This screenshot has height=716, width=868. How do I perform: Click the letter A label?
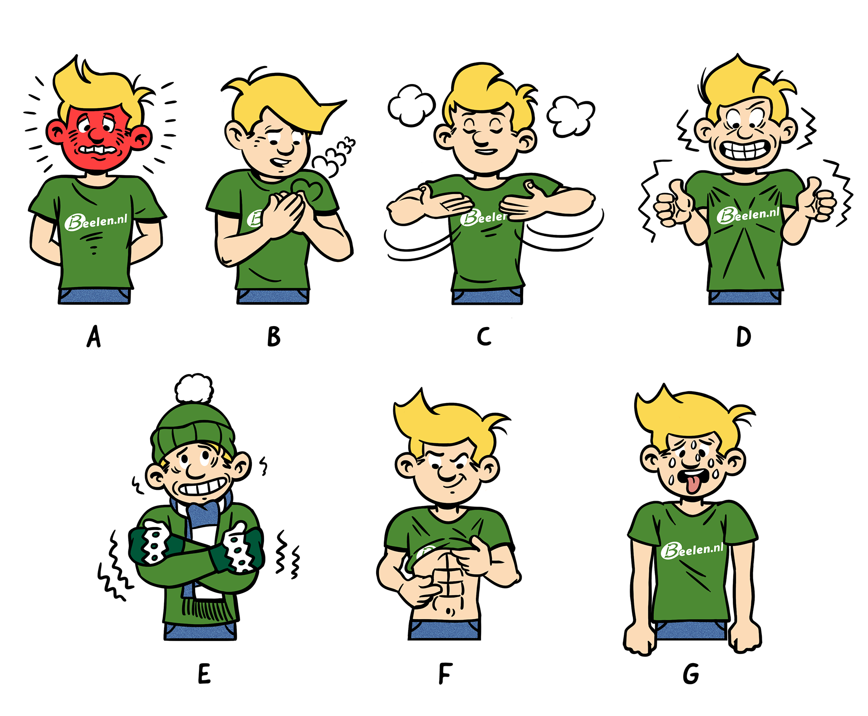click(94, 337)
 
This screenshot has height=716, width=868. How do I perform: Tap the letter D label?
click(743, 337)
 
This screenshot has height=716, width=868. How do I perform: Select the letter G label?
click(691, 674)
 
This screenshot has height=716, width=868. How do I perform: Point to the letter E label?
click(204, 674)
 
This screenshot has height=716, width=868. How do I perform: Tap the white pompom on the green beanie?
click(194, 388)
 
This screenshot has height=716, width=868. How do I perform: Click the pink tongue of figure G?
click(692, 484)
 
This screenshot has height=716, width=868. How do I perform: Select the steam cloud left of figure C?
click(411, 105)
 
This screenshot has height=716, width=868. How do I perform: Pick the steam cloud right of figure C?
click(571, 116)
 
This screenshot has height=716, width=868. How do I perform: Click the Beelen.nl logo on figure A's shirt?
click(96, 222)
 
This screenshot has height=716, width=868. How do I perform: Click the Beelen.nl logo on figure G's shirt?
click(692, 550)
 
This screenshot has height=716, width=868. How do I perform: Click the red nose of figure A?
click(96, 133)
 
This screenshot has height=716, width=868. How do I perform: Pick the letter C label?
click(484, 337)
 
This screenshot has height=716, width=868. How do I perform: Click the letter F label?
click(445, 674)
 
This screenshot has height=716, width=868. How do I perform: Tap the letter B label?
click(274, 337)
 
